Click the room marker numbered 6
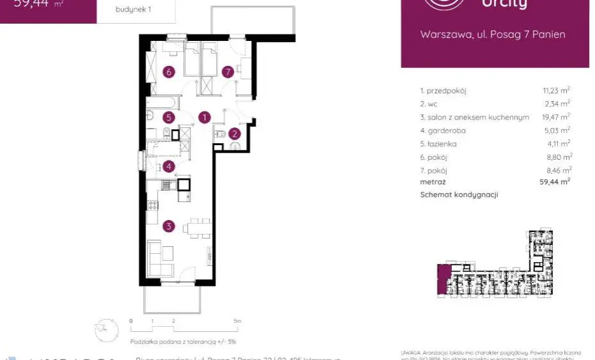point(169,72)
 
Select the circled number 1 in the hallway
point(205,117)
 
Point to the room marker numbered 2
point(235,134)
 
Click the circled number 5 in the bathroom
point(168,117)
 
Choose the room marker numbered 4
point(168,167)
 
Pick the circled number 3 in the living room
point(169,226)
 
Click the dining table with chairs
point(197,227)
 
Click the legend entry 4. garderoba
point(443,131)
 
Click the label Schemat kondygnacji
point(459,195)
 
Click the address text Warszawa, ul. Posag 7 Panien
point(493,35)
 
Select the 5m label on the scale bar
point(236,320)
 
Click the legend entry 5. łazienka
point(438,145)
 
